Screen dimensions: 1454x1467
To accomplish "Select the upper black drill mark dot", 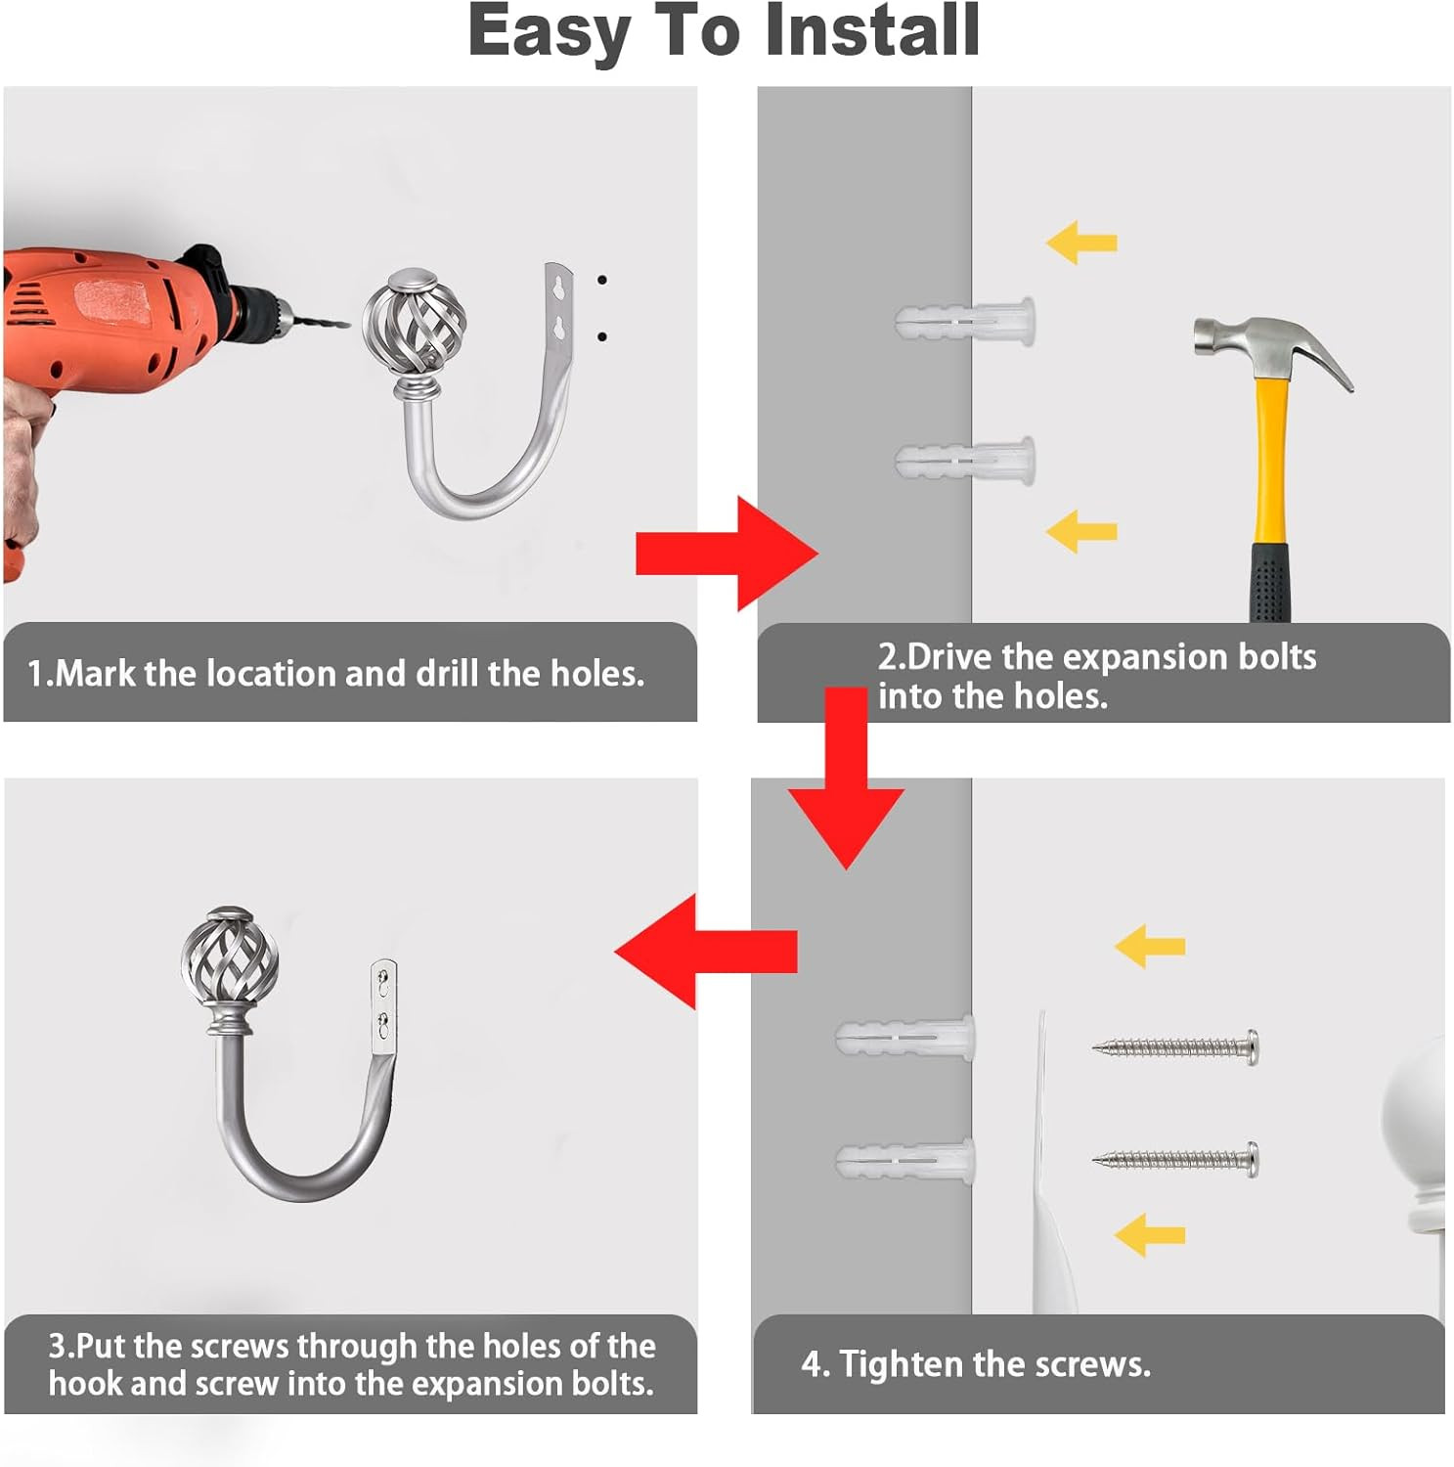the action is [601, 281].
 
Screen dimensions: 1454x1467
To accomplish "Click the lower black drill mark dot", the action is [601, 337].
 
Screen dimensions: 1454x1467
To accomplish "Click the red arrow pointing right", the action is [727, 554].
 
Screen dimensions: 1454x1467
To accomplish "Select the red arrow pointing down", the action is [846, 778].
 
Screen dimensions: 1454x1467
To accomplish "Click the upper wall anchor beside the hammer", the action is [964, 321].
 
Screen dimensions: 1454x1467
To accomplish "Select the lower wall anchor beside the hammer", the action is [964, 460].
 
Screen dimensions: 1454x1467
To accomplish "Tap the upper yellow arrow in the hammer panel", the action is [1081, 243].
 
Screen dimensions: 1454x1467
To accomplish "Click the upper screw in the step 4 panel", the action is [1175, 1047].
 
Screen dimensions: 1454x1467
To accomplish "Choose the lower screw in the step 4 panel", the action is [1175, 1160].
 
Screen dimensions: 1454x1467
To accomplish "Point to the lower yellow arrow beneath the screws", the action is [1150, 1235].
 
